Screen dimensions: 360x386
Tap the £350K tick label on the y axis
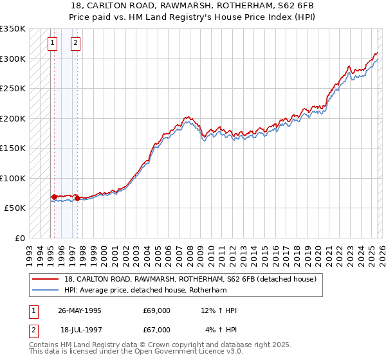tap(13, 29)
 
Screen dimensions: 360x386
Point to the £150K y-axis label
tap(13, 148)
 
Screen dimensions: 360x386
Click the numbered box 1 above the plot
tap(54, 43)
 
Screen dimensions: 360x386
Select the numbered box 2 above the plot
tap(76, 43)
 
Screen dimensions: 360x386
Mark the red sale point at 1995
tap(54, 197)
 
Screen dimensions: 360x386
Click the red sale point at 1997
tap(77, 199)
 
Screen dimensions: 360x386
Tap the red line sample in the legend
tap(46, 280)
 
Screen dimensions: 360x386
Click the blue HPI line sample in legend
tap(46, 291)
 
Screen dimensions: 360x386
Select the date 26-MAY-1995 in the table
tap(80, 310)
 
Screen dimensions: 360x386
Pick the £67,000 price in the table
tap(156, 330)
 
